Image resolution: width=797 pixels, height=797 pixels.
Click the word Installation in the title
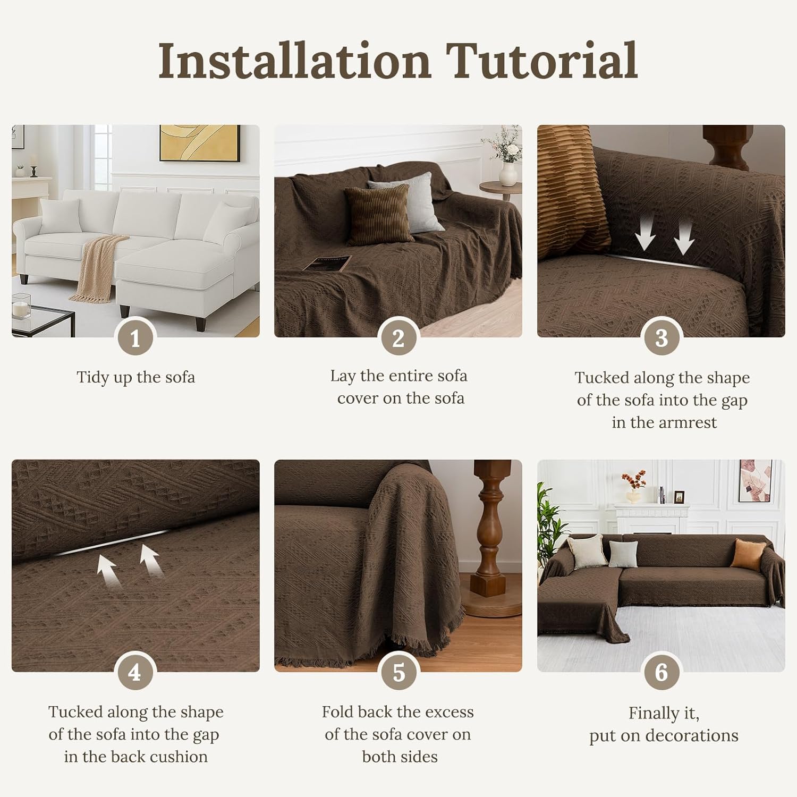295,61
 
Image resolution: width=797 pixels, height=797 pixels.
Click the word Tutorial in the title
542,61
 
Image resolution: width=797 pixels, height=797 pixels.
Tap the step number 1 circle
135,338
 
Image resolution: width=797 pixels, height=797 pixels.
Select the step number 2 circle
398,338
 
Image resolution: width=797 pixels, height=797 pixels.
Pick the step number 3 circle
661,338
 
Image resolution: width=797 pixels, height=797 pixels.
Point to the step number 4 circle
135,673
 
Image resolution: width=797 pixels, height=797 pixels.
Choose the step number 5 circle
398,673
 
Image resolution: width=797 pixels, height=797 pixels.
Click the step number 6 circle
661,673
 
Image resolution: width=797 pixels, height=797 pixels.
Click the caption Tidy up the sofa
135,377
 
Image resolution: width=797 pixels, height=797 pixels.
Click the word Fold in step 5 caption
338,712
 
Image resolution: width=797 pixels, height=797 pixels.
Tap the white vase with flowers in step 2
508,170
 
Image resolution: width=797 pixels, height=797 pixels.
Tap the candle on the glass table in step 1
21,310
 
